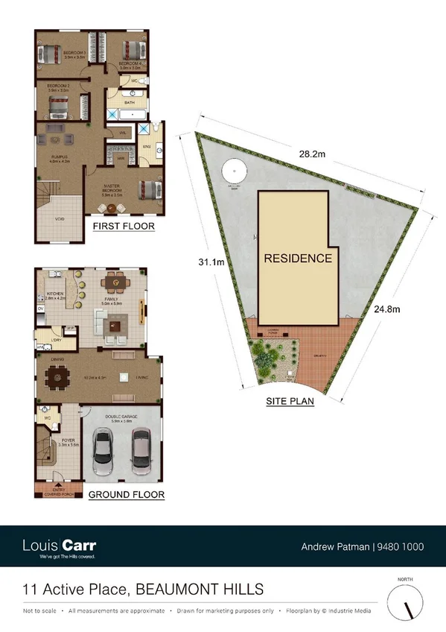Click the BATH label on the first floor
click(x=129, y=101)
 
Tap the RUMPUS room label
click(x=60, y=157)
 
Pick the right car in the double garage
click(x=141, y=455)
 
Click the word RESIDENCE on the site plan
click(x=297, y=259)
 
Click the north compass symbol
click(x=407, y=600)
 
